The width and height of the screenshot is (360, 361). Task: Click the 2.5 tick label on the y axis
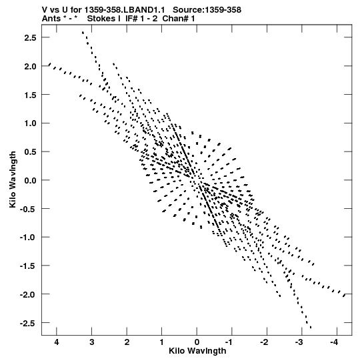pos(30,37)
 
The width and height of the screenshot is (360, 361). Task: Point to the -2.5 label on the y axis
pos(28,323)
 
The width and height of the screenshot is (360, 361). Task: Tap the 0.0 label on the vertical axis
pos(30,180)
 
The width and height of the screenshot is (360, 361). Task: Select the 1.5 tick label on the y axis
pos(30,95)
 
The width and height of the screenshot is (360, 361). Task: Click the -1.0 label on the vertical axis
pos(28,238)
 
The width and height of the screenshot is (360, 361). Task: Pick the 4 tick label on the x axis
pos(57,342)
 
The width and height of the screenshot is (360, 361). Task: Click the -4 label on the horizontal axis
pos(334,342)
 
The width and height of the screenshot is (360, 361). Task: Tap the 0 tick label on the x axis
pos(197,342)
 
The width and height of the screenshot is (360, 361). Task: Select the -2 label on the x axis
pos(264,342)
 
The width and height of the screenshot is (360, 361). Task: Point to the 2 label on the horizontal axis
pos(127,342)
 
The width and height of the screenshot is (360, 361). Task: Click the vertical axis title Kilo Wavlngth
pos(13,179)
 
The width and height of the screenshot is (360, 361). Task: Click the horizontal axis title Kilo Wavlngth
pos(197,351)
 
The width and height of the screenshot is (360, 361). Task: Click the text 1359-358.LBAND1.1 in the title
pos(125,10)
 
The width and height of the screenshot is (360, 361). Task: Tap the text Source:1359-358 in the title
pos(207,10)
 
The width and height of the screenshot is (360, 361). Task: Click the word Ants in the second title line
pos(51,19)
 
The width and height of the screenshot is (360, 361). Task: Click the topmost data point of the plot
pos(83,32)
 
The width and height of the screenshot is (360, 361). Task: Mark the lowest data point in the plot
pos(311,328)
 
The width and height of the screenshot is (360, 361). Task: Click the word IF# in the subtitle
pos(131,19)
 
